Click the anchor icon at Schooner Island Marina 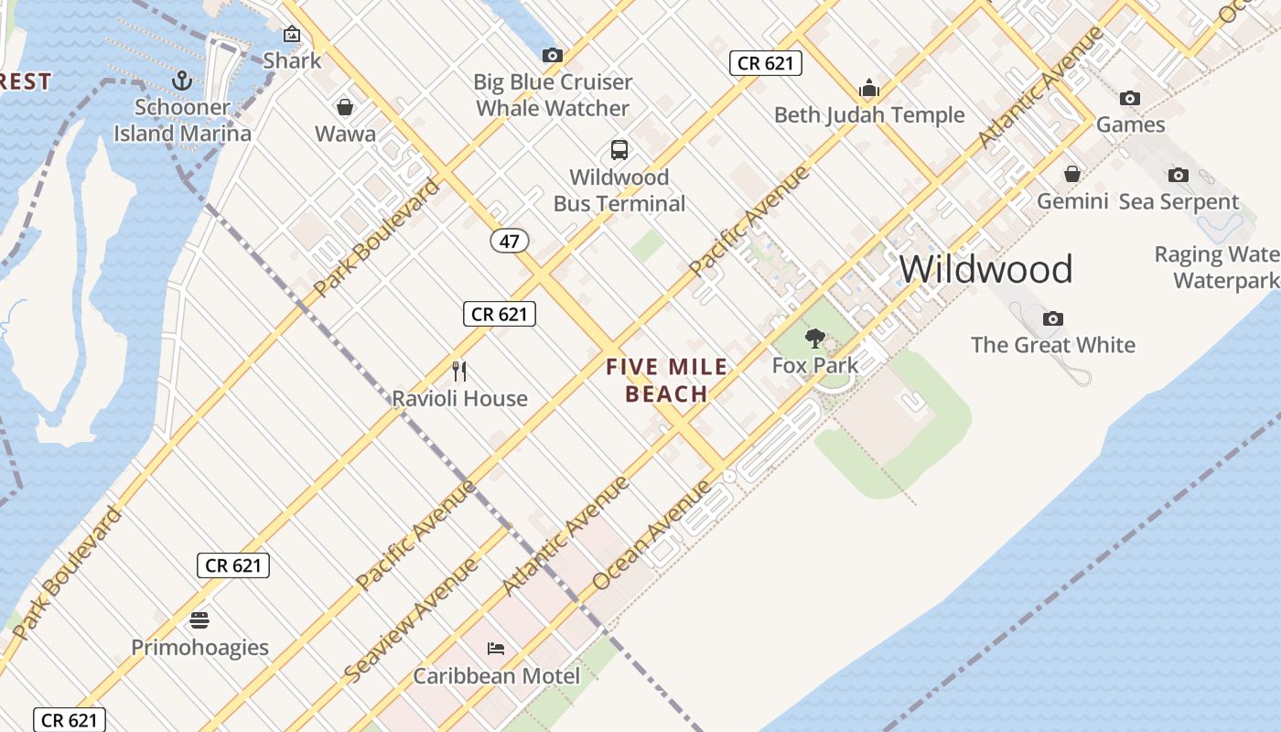coord(182,81)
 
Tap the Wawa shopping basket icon coord(345,107)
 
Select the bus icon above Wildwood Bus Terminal coord(619,150)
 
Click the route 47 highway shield coord(510,241)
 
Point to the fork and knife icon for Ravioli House coord(459,371)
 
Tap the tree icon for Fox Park coord(814,339)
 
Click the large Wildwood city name coord(985,269)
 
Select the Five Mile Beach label coord(667,381)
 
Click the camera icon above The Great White coord(1053,318)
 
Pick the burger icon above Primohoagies coord(199,620)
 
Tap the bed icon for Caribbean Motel coord(496,649)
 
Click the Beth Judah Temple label coord(869,115)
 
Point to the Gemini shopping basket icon coord(1072,174)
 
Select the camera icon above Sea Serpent coord(1179,175)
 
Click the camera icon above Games coord(1130,98)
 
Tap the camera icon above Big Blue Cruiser coord(552,56)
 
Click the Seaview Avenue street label coord(411,620)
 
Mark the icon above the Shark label coord(292,35)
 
